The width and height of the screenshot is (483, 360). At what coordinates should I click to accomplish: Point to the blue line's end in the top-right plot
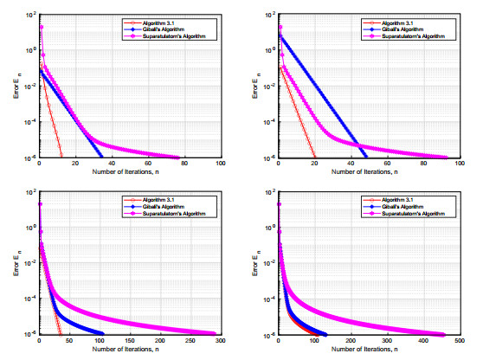pyautogui.click(x=365, y=157)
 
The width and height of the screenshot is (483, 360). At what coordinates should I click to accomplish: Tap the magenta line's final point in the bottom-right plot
pyautogui.click(x=443, y=334)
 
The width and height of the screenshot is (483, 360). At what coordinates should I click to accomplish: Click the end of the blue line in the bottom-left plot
pyautogui.click(x=102, y=334)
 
